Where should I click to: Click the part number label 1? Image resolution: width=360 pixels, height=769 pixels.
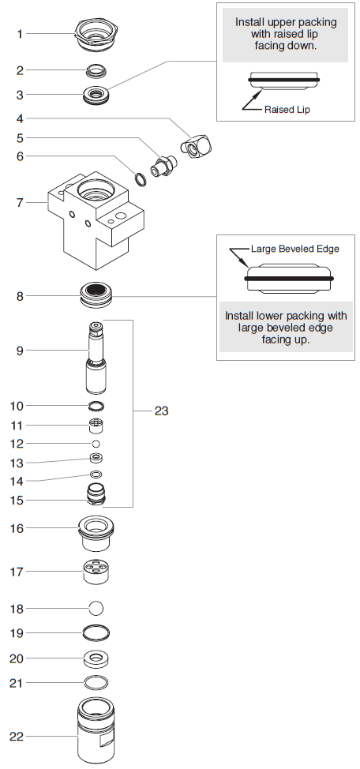(x=21, y=34)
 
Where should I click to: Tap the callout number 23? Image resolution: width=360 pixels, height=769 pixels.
(x=160, y=411)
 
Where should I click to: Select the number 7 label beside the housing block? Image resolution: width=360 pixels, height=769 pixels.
(x=21, y=203)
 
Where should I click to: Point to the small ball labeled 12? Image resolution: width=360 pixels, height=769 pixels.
(x=96, y=445)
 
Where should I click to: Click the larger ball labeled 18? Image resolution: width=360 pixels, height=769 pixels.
(x=96, y=608)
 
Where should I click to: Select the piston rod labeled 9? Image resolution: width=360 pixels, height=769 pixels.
(x=96, y=359)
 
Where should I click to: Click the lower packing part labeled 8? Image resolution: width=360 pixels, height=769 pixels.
(x=96, y=298)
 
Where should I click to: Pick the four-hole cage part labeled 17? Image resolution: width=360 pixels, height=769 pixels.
(x=96, y=571)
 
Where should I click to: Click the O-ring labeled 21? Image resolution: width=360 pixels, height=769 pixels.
(x=96, y=681)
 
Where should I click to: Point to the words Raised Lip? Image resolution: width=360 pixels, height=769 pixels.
(x=287, y=110)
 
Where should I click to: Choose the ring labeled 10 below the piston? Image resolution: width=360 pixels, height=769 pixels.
(x=96, y=406)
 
